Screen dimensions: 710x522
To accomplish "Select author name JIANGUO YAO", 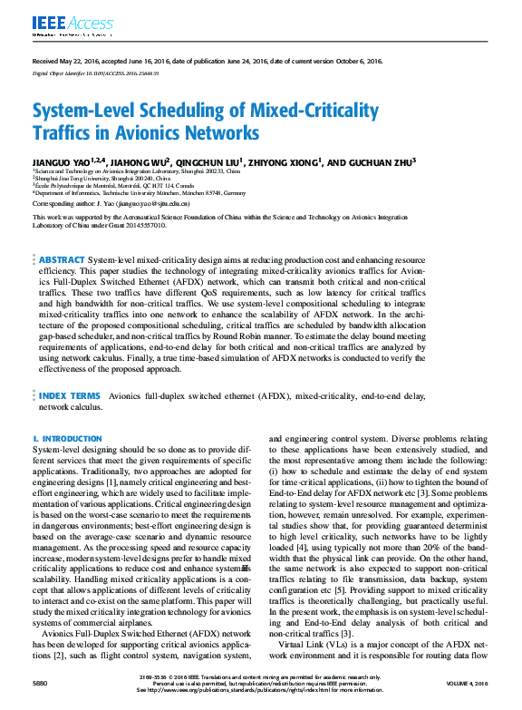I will tap(63, 161).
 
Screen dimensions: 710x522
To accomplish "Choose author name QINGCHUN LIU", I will tap(217, 161).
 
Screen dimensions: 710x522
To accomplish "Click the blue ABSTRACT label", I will tap(62, 259).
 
